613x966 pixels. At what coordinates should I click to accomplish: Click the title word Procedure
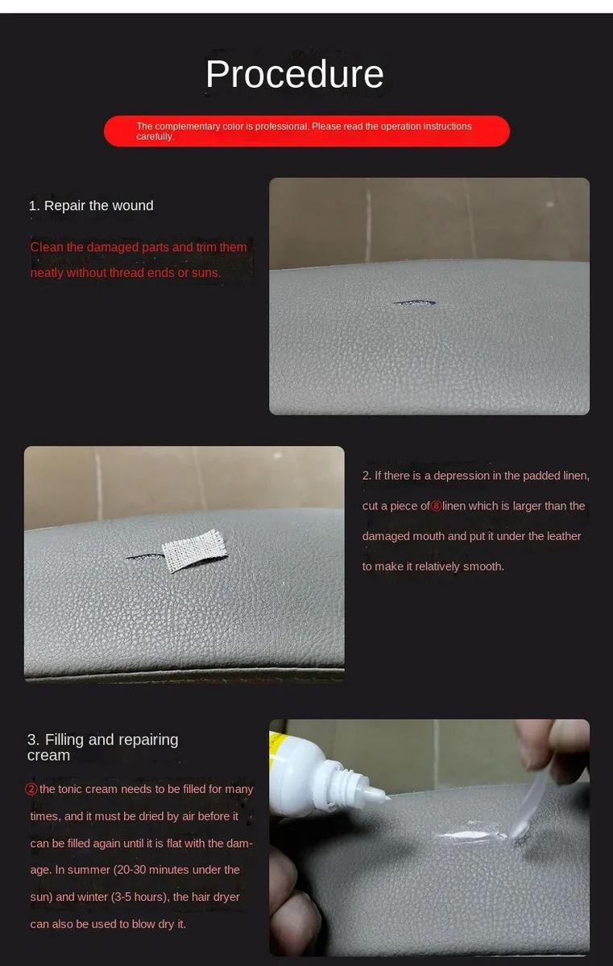[x=295, y=74]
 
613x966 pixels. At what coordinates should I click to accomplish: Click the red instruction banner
[x=307, y=131]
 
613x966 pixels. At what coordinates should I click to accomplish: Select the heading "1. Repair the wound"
[x=91, y=206]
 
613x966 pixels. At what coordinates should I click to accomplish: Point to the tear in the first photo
[x=414, y=303]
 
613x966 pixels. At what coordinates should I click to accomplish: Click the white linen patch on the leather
[x=195, y=551]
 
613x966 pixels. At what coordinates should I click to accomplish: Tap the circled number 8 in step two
[x=436, y=506]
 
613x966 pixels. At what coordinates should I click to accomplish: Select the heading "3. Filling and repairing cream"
[x=102, y=747]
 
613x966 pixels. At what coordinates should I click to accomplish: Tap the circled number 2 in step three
[x=31, y=789]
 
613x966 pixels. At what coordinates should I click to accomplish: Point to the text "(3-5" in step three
[x=121, y=897]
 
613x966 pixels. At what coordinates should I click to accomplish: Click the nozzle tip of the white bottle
[x=387, y=798]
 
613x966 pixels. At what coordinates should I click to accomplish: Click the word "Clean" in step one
[x=47, y=247]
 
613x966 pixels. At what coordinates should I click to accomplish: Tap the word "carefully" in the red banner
[x=155, y=137]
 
